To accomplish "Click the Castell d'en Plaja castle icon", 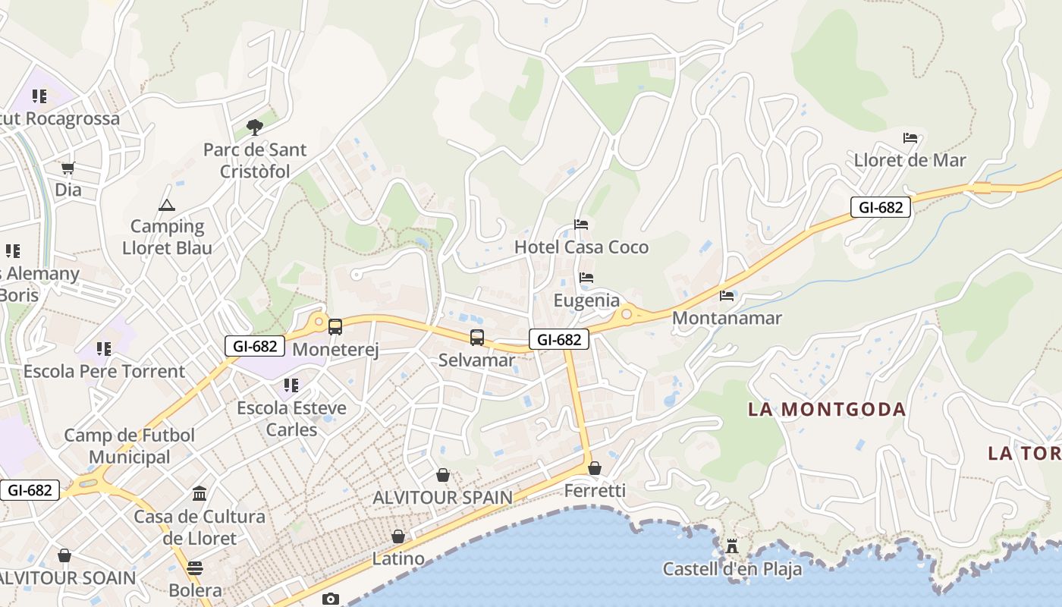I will [732, 546].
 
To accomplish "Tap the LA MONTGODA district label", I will [827, 410].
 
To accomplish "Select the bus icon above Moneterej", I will [335, 327].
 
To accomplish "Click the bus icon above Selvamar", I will [476, 338].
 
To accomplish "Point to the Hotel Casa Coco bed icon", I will [581, 225].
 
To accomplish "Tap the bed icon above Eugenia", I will [586, 278].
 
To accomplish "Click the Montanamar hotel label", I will [727, 318].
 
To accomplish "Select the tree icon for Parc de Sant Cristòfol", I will [255, 127].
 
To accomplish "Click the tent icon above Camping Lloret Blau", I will [166, 205].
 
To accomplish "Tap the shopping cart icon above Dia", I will [68, 168].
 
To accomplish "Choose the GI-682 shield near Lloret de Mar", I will [880, 206].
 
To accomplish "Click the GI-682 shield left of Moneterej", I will [255, 346].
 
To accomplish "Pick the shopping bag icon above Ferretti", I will [595, 468].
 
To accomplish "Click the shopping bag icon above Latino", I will [398, 536].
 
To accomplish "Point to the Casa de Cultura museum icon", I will [200, 494].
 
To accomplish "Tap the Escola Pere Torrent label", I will [104, 371].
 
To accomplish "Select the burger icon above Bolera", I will [195, 568].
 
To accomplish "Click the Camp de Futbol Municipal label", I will [129, 446].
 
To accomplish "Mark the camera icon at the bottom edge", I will [331, 599].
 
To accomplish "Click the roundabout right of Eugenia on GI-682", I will [627, 313].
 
